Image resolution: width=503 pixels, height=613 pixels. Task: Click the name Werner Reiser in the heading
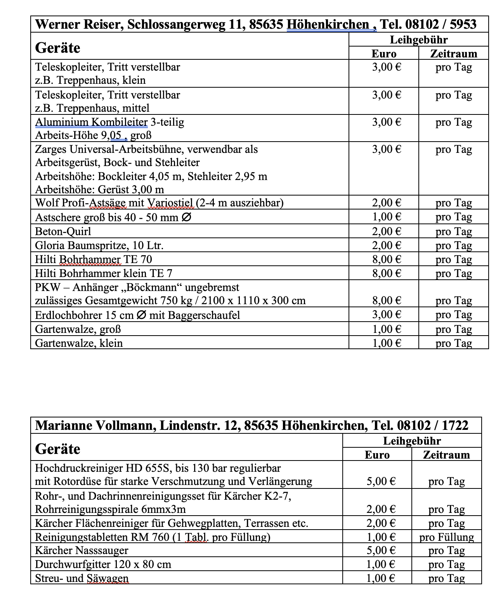tap(78, 24)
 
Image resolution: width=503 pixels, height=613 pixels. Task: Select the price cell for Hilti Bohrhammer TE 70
tap(387, 259)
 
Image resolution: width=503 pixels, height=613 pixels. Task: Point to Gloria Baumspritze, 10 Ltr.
tap(99, 246)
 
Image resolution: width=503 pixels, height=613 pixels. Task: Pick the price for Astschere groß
tap(387, 217)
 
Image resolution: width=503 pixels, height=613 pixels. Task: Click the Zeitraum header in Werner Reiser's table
tap(453, 54)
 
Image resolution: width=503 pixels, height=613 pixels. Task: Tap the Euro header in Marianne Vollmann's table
tap(377, 455)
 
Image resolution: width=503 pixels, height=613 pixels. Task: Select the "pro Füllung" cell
tap(446, 537)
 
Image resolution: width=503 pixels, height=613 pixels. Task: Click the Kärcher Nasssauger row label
tap(82, 551)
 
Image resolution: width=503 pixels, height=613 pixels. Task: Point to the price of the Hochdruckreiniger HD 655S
tap(381, 481)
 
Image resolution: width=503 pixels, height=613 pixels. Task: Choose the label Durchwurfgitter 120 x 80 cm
tap(103, 565)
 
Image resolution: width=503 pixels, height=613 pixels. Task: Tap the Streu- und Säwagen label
tap(82, 578)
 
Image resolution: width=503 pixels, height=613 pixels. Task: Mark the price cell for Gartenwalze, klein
tap(387, 343)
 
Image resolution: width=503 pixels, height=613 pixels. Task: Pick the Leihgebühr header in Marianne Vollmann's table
tap(412, 441)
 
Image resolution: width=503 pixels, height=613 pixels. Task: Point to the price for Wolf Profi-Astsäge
tap(387, 203)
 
